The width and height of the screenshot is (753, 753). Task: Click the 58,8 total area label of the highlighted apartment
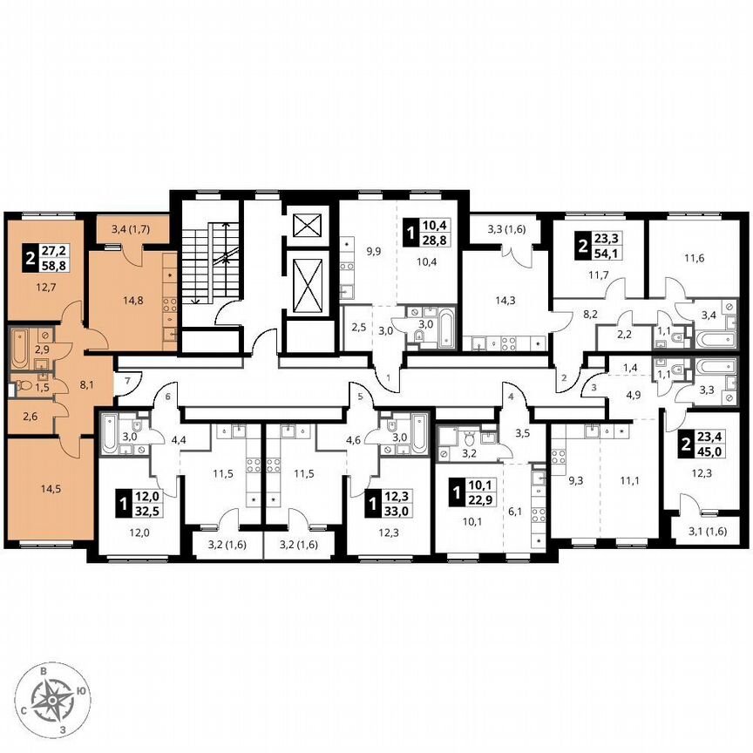pos(60,260)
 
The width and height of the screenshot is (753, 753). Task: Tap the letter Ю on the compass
pos(80,691)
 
